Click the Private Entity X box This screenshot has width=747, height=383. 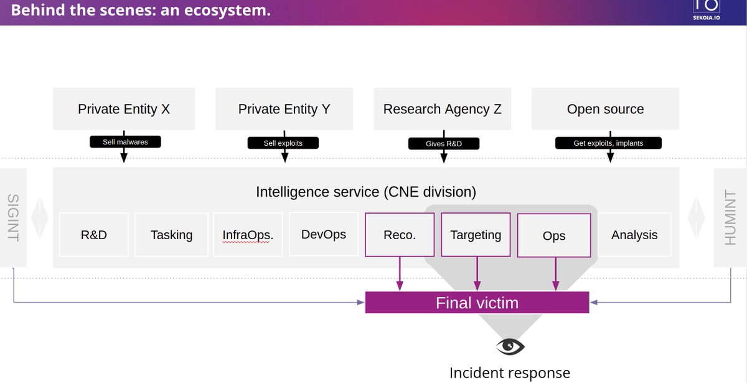[x=124, y=109]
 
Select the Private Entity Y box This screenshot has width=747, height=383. [x=284, y=109]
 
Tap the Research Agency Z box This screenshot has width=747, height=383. [x=443, y=109]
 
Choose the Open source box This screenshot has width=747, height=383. [x=605, y=109]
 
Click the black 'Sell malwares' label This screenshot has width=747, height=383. [x=125, y=142]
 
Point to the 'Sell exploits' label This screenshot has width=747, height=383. [x=283, y=143]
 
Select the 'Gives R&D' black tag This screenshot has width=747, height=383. [x=443, y=144]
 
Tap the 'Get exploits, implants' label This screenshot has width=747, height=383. [x=608, y=143]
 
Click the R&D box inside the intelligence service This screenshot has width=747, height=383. [x=94, y=235]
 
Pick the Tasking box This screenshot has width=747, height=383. [x=171, y=235]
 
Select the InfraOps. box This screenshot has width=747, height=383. [x=248, y=235]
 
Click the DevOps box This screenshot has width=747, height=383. [x=323, y=234]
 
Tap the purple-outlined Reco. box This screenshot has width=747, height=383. [x=399, y=235]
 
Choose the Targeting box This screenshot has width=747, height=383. [x=476, y=235]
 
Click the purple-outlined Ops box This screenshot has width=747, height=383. [x=553, y=235]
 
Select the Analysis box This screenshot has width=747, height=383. [x=634, y=235]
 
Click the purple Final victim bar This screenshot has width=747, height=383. [x=477, y=303]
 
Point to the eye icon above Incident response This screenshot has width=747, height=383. [x=510, y=346]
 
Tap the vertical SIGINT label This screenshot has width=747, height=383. [x=13, y=218]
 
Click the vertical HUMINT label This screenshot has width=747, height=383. [x=730, y=218]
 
